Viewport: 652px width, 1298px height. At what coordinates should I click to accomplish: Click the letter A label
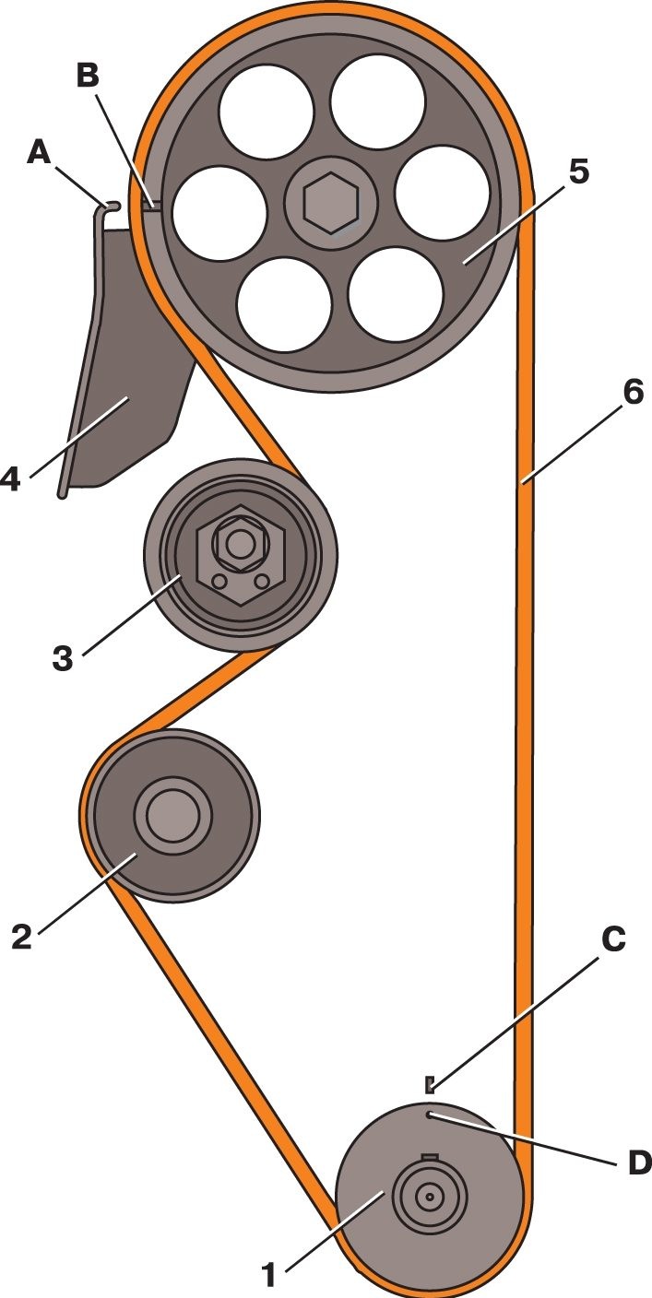[x=39, y=153]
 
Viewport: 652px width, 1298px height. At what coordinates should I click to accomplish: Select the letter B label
[x=89, y=76]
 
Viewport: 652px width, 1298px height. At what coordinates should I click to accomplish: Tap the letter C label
[x=613, y=939]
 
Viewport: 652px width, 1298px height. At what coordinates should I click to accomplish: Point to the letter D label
[x=640, y=1163]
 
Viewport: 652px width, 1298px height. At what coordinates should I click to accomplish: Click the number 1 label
[x=267, y=1275]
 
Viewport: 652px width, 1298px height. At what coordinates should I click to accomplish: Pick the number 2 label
[x=21, y=937]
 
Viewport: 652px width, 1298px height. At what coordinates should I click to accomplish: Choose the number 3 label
[x=63, y=659]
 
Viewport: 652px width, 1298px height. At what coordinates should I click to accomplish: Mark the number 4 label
[x=10, y=479]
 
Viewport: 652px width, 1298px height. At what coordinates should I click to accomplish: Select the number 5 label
[x=578, y=172]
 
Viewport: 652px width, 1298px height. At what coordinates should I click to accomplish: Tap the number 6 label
[x=633, y=393]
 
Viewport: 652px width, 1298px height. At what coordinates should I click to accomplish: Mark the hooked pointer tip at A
[x=113, y=205]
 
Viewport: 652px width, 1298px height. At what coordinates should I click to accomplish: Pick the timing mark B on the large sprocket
[x=150, y=204]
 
